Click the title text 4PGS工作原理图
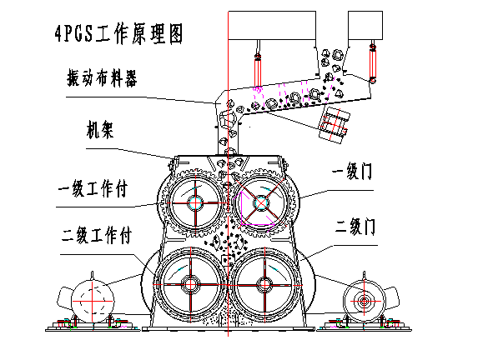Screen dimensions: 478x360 pyautogui.click(x=119, y=34)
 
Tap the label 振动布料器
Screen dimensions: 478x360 pyautogui.click(x=102, y=78)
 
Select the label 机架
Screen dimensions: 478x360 pyautogui.click(x=100, y=130)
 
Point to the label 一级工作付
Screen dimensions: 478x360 pyautogui.click(x=93, y=189)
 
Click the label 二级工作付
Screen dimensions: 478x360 pyautogui.click(x=96, y=235)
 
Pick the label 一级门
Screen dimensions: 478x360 pyautogui.click(x=352, y=171)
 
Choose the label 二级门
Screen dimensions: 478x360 pyautogui.click(x=355, y=226)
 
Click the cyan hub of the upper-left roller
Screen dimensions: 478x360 pyautogui.click(x=195, y=202)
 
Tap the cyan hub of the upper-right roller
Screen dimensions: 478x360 pyautogui.click(x=261, y=203)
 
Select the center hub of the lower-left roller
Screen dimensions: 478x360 pyautogui.click(x=190, y=285)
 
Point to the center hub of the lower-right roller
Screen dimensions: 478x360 pyautogui.click(x=264, y=285)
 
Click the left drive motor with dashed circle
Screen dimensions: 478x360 pyautogui.click(x=93, y=301)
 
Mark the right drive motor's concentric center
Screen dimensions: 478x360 pyautogui.click(x=364, y=302)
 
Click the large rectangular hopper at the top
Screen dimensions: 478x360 pyautogui.click(x=272, y=26)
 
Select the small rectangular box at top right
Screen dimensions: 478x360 pyautogui.click(x=365, y=26)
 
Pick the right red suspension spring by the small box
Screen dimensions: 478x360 pyautogui.click(x=373, y=63)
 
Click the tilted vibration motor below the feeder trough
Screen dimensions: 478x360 pyautogui.click(x=334, y=125)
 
